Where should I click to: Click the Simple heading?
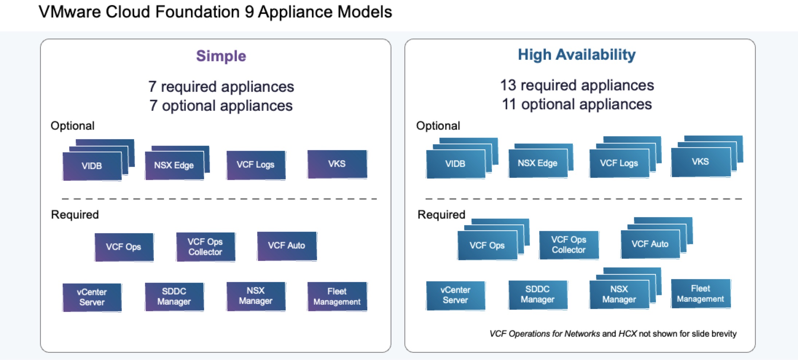click(x=221, y=56)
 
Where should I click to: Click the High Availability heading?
click(x=576, y=55)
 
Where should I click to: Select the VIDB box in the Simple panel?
click(x=92, y=166)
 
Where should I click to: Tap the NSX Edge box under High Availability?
click(x=537, y=163)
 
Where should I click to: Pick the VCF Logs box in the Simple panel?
click(x=255, y=165)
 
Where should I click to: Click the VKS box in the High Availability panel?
click(x=700, y=162)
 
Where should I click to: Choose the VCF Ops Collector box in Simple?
click(x=205, y=247)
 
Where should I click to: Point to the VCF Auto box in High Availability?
click(x=650, y=244)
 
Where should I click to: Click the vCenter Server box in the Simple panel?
click(x=92, y=297)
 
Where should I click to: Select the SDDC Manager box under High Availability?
click(x=537, y=294)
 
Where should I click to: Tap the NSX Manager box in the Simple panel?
click(x=255, y=296)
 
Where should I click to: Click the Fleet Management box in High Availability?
click(x=700, y=294)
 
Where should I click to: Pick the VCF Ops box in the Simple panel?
click(x=124, y=247)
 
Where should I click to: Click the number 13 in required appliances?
click(x=508, y=85)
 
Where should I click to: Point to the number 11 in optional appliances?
click(x=509, y=104)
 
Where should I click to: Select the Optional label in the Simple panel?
click(x=73, y=126)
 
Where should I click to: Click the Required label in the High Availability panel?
click(x=441, y=215)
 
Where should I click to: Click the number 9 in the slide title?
click(x=249, y=12)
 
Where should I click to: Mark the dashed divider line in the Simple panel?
click(x=219, y=199)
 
